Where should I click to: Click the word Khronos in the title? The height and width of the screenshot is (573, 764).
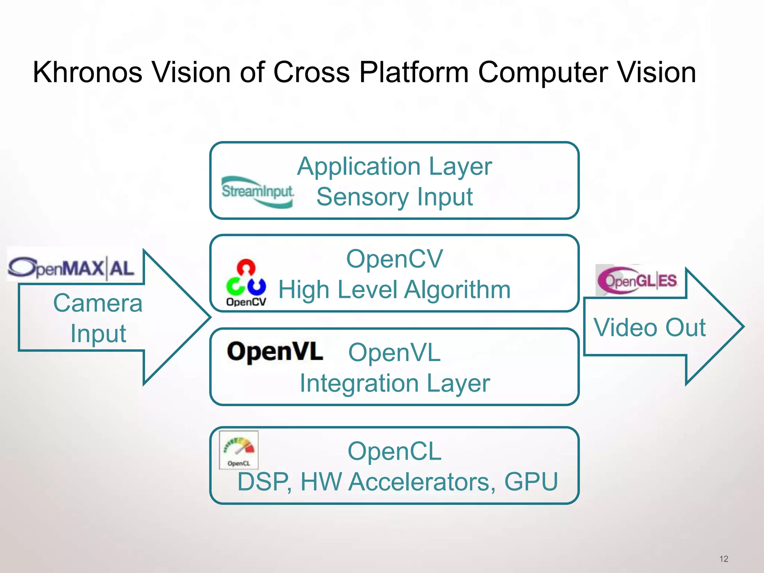87,72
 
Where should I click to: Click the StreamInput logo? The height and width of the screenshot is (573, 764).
257,192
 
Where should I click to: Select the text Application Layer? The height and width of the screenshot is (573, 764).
394,166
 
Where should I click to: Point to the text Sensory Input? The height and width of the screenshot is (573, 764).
394,197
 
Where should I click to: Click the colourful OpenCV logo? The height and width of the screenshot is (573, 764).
246,282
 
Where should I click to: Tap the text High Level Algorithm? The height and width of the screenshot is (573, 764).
394,290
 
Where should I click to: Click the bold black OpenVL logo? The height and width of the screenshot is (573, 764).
275,352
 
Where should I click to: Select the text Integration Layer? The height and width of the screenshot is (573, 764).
394,383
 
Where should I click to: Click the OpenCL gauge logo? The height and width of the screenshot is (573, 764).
239,450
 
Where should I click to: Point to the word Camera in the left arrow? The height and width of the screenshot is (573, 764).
98,303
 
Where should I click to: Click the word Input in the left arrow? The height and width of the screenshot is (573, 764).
98,334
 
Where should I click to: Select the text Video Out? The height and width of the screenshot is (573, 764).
649,328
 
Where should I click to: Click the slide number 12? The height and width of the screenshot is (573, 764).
724,559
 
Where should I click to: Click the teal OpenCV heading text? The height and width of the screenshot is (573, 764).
394,259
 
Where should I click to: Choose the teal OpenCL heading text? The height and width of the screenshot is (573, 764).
394,451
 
